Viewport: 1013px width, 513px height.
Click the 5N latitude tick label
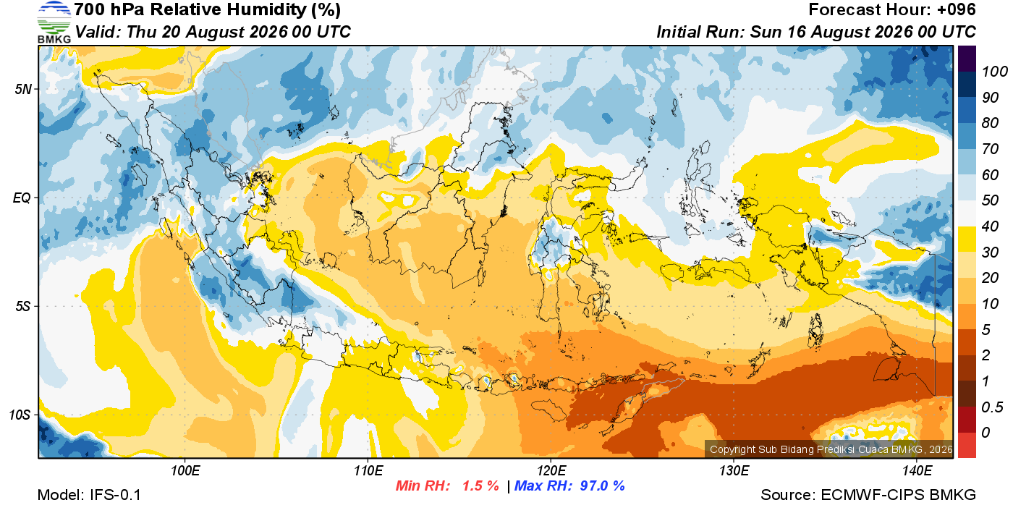[x=23, y=89]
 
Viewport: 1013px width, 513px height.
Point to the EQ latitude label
[x=22, y=198]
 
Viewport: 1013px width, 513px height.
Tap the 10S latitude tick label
[x=20, y=415]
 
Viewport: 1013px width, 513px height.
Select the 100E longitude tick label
[x=185, y=470]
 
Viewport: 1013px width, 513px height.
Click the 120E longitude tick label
[x=551, y=470]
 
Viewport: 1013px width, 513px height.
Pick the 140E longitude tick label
[x=917, y=470]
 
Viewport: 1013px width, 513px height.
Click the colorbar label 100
[x=994, y=72]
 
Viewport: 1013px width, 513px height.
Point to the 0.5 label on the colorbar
[x=992, y=407]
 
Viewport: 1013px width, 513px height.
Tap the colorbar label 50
[x=990, y=200]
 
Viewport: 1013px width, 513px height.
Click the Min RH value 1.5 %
[x=480, y=486]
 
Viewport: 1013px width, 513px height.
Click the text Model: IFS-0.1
[x=89, y=495]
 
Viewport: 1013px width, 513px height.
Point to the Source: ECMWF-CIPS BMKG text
[x=868, y=495]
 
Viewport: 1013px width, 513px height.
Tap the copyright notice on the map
[x=831, y=449]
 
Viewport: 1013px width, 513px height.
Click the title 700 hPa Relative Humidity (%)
[x=208, y=9]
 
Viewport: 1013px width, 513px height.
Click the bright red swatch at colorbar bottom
[x=967, y=445]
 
